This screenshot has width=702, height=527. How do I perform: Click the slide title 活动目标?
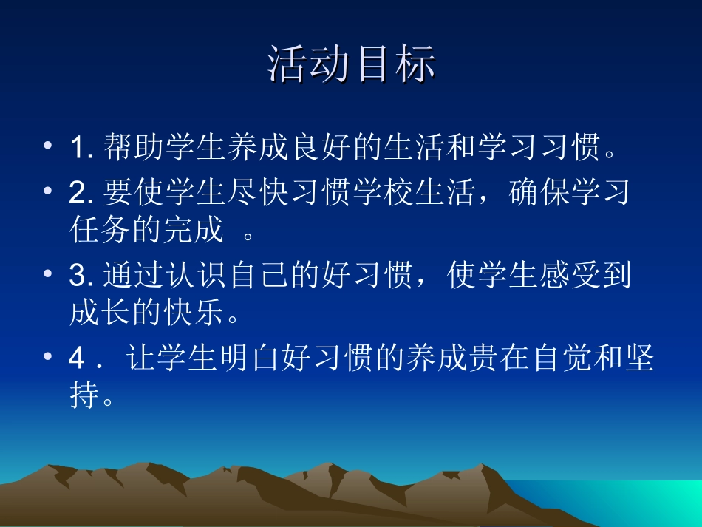tap(351, 64)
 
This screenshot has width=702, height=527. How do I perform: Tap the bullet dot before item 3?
tap(48, 276)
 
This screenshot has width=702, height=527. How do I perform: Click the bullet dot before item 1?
tap(48, 147)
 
